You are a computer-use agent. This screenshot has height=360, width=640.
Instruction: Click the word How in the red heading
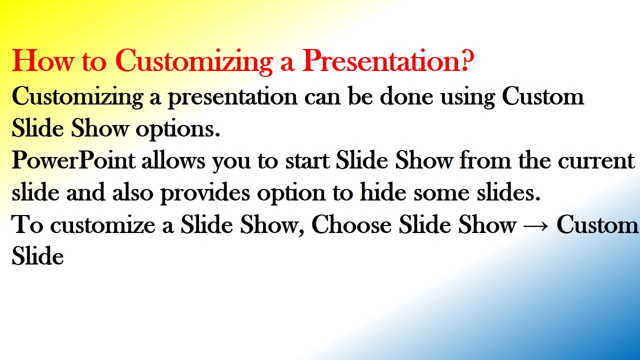point(43,60)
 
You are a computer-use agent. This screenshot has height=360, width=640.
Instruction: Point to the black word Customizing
point(77,97)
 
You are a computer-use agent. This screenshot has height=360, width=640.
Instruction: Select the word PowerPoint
point(73,160)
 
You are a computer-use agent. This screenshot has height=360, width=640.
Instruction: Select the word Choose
point(351,224)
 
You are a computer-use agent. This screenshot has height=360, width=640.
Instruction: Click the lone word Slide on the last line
point(37,255)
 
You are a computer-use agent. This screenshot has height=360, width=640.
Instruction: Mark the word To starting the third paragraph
point(27,224)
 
